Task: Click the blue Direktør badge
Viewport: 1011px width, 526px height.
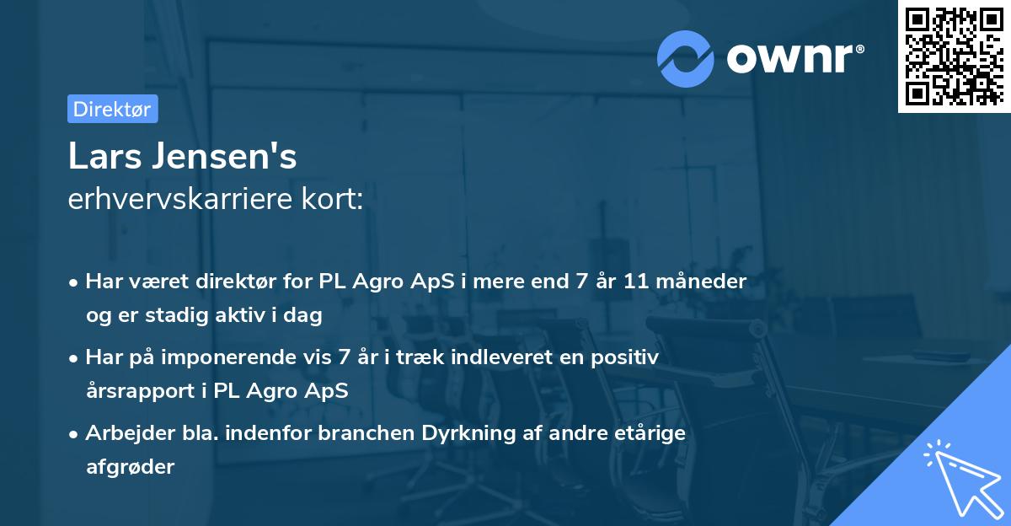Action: [x=112, y=109]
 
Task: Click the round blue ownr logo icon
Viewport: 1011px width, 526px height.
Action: [x=685, y=58]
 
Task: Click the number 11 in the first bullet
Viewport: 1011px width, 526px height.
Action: [x=636, y=282]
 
